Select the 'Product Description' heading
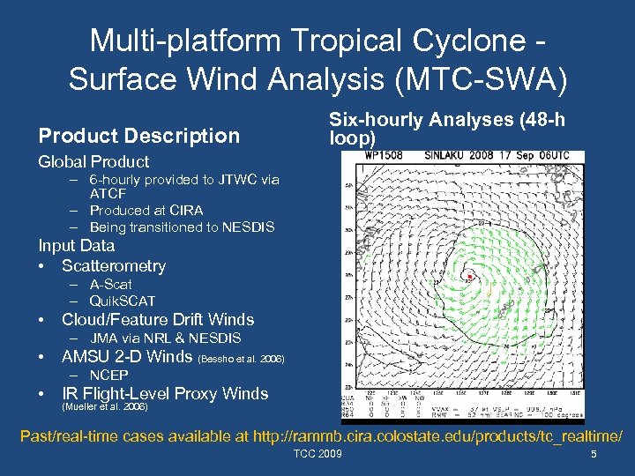[138, 136]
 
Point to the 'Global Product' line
[93, 161]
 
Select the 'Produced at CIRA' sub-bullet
[146, 210]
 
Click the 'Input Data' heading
[76, 246]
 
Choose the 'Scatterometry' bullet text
[114, 265]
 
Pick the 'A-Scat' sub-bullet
[110, 284]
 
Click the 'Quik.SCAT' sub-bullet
[122, 301]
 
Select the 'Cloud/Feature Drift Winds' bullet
[158, 320]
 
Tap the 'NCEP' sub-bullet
[108, 375]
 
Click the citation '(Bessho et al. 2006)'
[243, 360]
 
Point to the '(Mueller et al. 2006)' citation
[104, 408]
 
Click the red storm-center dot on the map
[470, 277]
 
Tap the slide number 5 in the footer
[594, 455]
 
